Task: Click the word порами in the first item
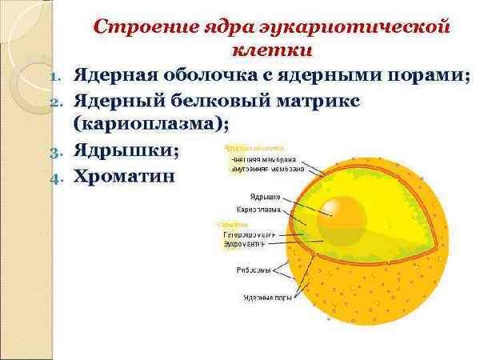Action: click(x=429, y=76)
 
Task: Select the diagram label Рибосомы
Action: click(x=258, y=270)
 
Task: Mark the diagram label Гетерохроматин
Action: click(x=249, y=235)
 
